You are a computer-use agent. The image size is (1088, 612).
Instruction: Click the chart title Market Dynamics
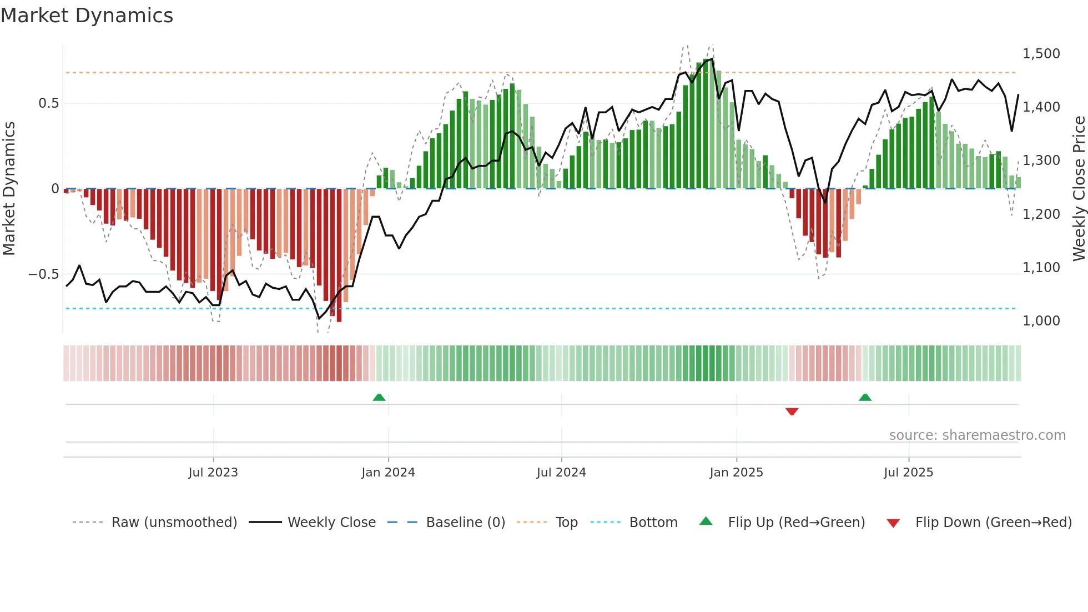(x=87, y=16)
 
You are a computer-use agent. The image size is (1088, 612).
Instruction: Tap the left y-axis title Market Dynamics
(x=9, y=188)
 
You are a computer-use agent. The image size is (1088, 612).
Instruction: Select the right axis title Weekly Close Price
(x=1079, y=188)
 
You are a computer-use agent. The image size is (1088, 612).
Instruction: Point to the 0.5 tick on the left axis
(x=48, y=103)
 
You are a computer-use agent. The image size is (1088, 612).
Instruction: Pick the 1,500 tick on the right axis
(x=1041, y=54)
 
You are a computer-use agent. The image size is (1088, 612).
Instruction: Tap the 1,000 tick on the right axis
(x=1041, y=321)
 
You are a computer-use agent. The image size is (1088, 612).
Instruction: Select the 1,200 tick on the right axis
(x=1041, y=214)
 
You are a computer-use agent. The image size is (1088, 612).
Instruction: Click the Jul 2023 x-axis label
(x=213, y=473)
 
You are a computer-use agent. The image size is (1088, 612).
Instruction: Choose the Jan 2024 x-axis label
(x=388, y=473)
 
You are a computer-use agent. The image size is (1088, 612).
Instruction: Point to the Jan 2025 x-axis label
(x=736, y=473)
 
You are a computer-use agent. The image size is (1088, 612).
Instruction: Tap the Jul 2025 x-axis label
(x=908, y=473)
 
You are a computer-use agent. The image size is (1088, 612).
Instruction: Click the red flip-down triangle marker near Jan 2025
(x=792, y=412)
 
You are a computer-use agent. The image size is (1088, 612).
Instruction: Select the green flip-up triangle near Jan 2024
(x=379, y=397)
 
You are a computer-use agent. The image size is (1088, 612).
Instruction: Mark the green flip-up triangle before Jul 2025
(x=865, y=397)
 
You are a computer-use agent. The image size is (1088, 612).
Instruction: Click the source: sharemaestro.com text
(x=977, y=435)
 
